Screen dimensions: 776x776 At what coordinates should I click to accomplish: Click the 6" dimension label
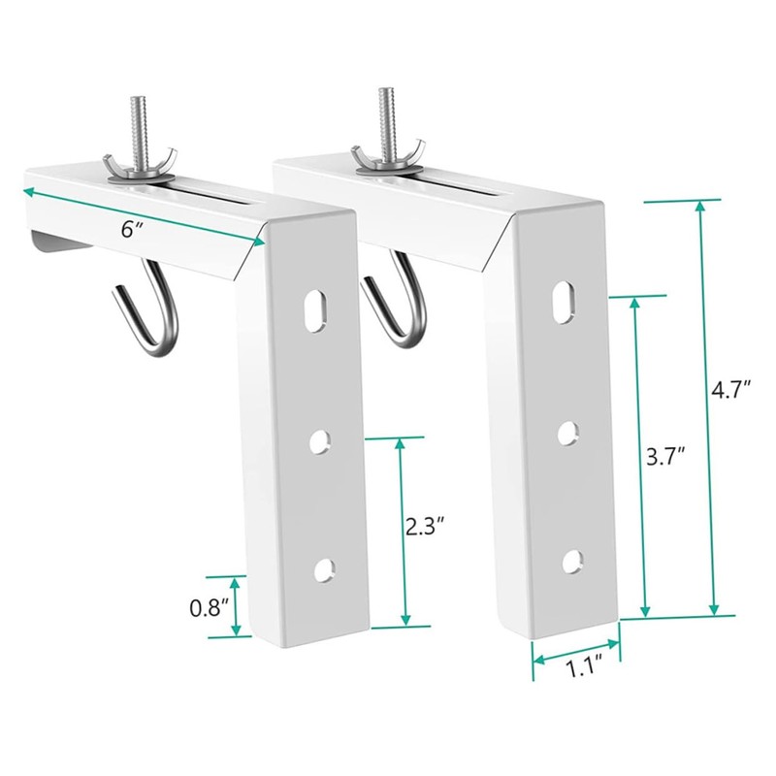(x=132, y=229)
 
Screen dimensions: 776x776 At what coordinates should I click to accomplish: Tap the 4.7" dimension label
(x=731, y=390)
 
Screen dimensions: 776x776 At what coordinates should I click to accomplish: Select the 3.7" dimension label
(x=666, y=458)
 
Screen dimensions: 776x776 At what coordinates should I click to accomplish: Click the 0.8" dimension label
(x=210, y=608)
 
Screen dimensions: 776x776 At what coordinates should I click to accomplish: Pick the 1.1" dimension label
(x=585, y=669)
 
